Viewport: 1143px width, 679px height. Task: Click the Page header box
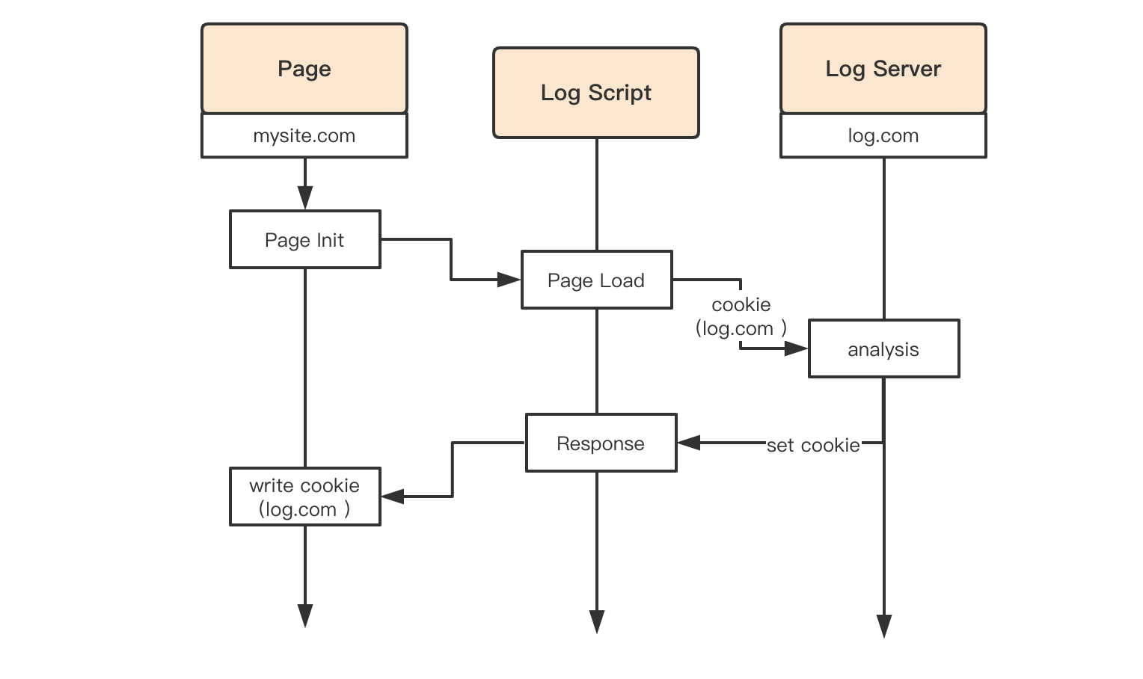click(304, 68)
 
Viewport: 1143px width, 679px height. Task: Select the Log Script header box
click(596, 92)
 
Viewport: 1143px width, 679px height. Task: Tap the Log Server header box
click(883, 68)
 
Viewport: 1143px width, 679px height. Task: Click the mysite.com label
click(304, 135)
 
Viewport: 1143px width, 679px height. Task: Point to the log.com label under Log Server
click(883, 135)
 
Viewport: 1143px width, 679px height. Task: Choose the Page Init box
click(305, 239)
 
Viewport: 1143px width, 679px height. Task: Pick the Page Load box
click(596, 280)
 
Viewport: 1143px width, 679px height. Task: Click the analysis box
click(883, 348)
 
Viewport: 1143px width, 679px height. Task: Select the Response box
click(601, 443)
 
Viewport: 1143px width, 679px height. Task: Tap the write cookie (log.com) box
click(305, 497)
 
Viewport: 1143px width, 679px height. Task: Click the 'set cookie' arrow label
click(813, 446)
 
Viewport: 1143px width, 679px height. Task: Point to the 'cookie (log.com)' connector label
click(741, 317)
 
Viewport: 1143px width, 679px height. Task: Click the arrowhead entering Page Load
click(509, 280)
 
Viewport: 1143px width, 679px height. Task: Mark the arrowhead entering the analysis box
click(796, 348)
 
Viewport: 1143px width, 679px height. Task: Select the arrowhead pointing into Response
click(689, 443)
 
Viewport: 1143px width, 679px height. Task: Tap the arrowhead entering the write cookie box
click(393, 497)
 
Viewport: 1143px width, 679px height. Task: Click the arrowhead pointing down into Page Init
click(305, 198)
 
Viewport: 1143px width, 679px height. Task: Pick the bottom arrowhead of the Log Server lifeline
click(883, 627)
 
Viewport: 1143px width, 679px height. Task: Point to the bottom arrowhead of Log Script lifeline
click(596, 622)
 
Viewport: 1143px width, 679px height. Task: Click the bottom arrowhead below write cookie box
click(305, 616)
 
